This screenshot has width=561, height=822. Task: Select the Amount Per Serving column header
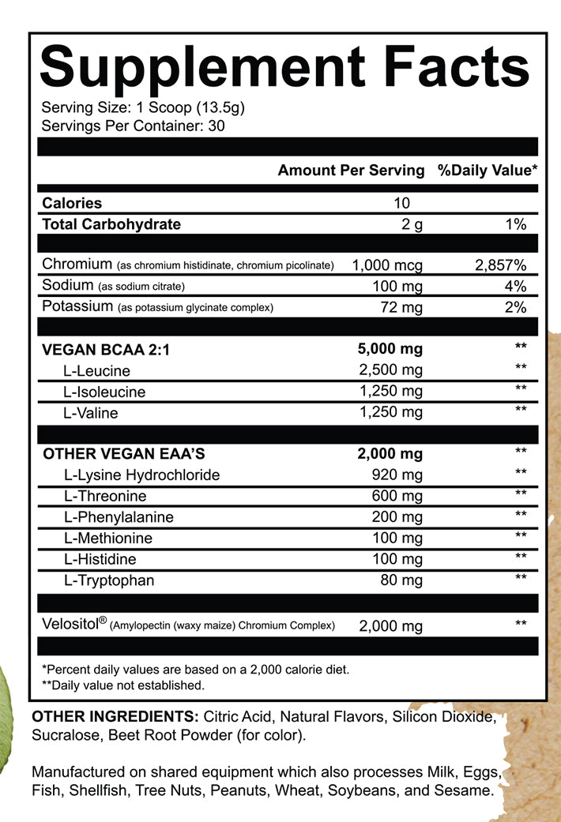(x=351, y=171)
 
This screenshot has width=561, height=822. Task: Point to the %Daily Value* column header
(x=488, y=171)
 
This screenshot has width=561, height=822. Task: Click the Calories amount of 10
(x=401, y=203)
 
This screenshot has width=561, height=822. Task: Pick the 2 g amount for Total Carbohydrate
(x=412, y=224)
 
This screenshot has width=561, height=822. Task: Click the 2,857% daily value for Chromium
(x=500, y=265)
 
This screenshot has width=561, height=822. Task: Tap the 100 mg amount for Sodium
(x=397, y=286)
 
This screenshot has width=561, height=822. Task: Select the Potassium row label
(x=76, y=306)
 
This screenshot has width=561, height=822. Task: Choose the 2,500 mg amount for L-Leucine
(x=391, y=370)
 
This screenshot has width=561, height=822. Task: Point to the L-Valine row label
(x=92, y=412)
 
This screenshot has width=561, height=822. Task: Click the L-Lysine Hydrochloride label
(x=141, y=475)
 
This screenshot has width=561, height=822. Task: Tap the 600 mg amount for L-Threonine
(x=397, y=496)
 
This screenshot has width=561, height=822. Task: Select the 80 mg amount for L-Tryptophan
(x=401, y=580)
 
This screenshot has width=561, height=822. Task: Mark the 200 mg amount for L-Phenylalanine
(x=397, y=517)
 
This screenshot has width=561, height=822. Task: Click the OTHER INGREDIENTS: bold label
(x=114, y=718)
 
